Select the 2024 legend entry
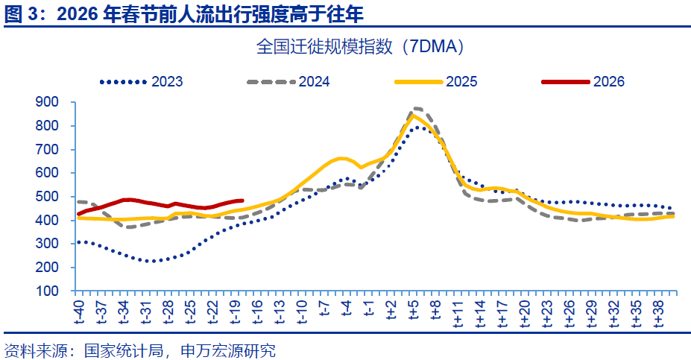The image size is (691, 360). click(x=314, y=82)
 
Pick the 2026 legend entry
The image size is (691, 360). click(x=608, y=82)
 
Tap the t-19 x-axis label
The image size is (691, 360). click(x=235, y=312)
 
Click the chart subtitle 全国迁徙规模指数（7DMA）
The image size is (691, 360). click(x=361, y=48)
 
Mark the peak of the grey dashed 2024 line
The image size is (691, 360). click(x=416, y=109)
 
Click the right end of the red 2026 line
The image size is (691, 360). click(x=243, y=200)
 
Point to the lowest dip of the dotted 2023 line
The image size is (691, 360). click(x=151, y=261)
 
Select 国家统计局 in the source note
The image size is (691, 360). click(x=114, y=349)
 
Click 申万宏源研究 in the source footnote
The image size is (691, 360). click(x=230, y=349)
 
